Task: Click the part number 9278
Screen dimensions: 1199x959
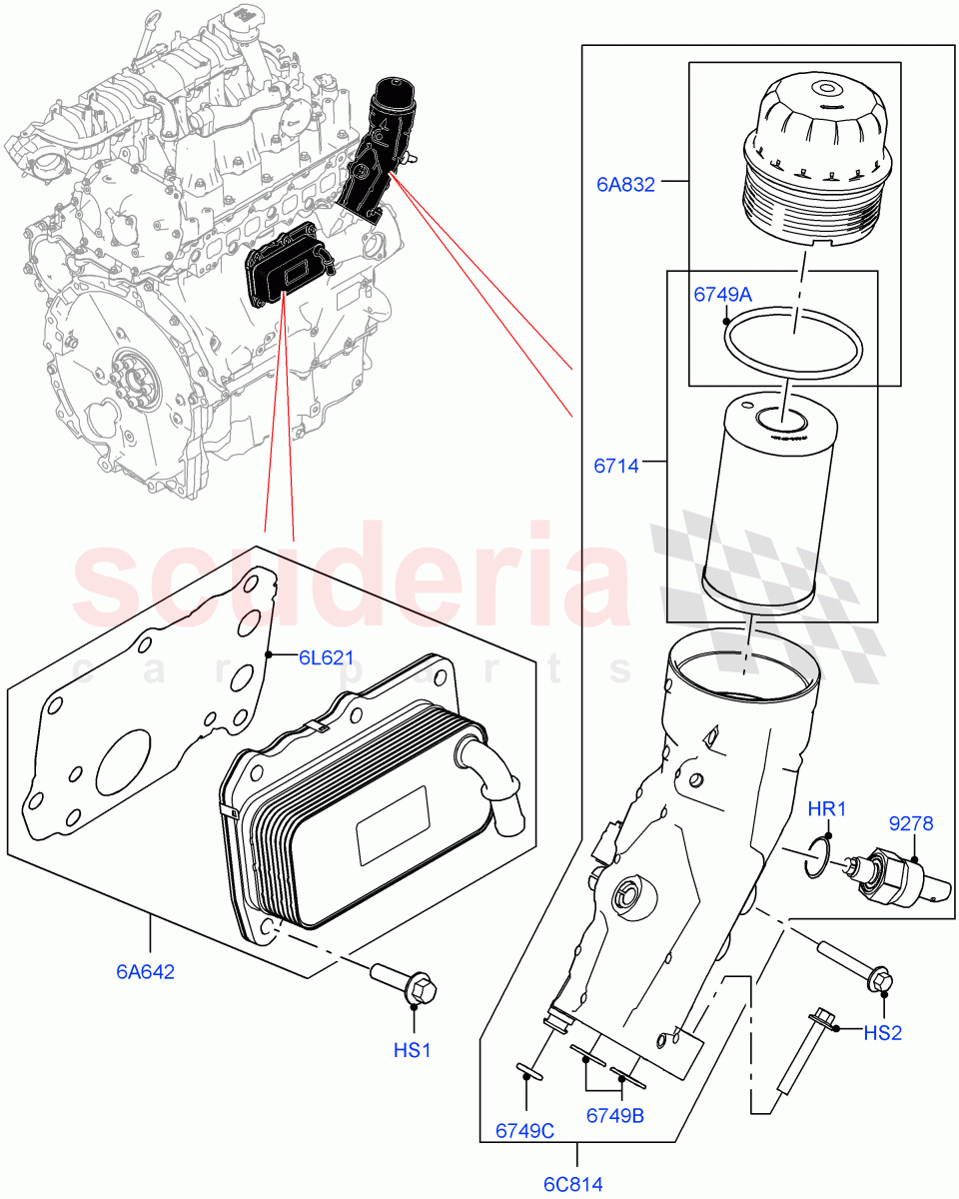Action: point(911,823)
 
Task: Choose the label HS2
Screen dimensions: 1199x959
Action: point(882,1033)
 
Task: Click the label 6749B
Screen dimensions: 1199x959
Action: point(613,1115)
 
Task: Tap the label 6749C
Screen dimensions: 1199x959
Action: point(524,1131)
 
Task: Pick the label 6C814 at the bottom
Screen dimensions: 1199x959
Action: point(573,1185)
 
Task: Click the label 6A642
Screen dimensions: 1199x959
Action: point(145,971)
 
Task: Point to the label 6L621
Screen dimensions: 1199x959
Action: point(326,657)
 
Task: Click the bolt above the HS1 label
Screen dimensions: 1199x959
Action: point(406,983)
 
